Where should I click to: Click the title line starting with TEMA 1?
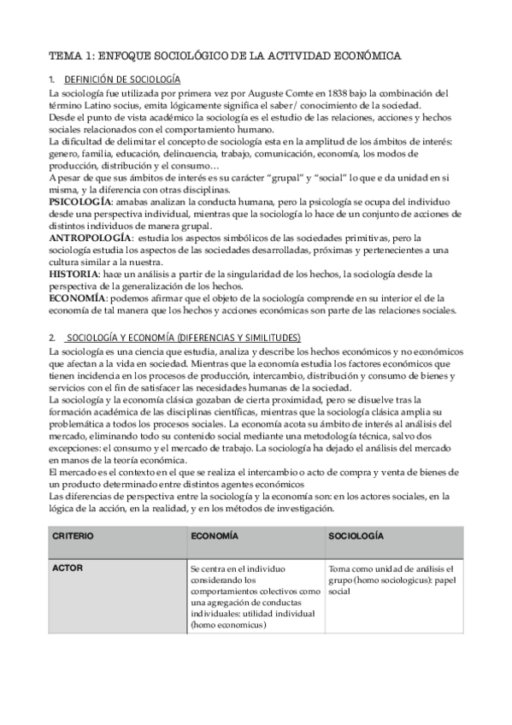pyautogui.click(x=225, y=55)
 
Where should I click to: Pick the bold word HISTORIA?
pyautogui.click(x=74, y=273)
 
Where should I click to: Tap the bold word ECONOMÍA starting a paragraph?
pyautogui.click(x=78, y=298)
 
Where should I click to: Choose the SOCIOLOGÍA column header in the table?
pyautogui.click(x=356, y=536)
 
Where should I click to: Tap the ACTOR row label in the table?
pyautogui.click(x=68, y=568)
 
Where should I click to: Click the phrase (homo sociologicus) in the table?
pyautogui.click(x=389, y=580)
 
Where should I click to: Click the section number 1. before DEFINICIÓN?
pyautogui.click(x=53, y=80)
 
